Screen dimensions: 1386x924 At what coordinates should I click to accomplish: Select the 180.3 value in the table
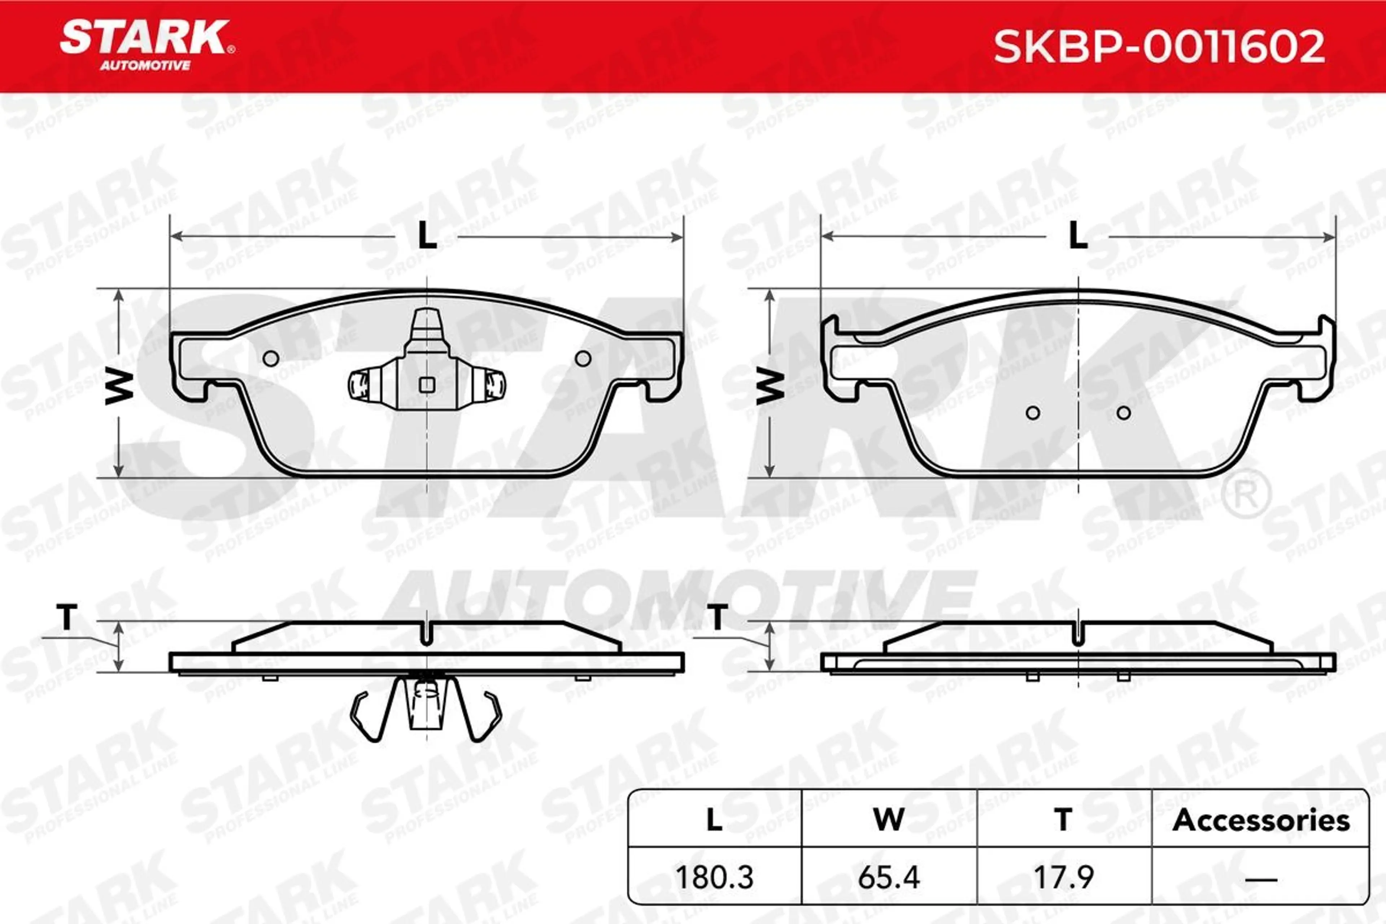point(714,877)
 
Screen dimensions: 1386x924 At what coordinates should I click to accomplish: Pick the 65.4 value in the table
point(889,877)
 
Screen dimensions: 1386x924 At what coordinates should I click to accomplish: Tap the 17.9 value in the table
point(1064,877)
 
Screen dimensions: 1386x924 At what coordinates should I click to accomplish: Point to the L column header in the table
point(714,820)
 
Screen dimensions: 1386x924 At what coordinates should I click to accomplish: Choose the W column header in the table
point(889,820)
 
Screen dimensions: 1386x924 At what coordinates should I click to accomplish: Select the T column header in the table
point(1064,820)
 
